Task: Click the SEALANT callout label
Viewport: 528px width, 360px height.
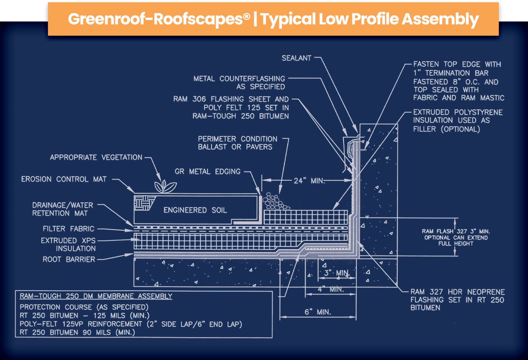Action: coord(296,58)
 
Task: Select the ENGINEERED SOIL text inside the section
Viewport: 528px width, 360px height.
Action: coord(195,210)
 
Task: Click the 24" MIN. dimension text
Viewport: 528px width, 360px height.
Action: coord(309,181)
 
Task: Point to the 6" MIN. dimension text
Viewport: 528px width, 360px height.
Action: coord(318,312)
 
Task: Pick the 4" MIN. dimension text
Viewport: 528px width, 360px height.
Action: coord(330,289)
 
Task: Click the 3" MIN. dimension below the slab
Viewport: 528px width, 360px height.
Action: coord(337,273)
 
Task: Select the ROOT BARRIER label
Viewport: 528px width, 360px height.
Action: coord(69,259)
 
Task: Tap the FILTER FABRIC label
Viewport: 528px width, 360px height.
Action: coord(68,229)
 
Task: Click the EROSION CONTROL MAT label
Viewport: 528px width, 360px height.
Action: coord(64,179)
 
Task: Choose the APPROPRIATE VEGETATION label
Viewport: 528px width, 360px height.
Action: coord(96,157)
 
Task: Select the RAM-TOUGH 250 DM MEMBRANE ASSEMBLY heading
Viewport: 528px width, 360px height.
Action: coord(96,296)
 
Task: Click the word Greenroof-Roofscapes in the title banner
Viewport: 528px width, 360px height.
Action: coord(159,19)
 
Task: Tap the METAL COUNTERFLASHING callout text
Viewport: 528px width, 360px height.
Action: coord(239,79)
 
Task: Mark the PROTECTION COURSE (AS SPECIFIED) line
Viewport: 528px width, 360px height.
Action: coord(84,307)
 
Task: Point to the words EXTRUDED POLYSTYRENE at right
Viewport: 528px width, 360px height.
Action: coord(458,112)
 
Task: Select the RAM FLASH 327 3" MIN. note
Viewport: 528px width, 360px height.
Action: coord(456,232)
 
